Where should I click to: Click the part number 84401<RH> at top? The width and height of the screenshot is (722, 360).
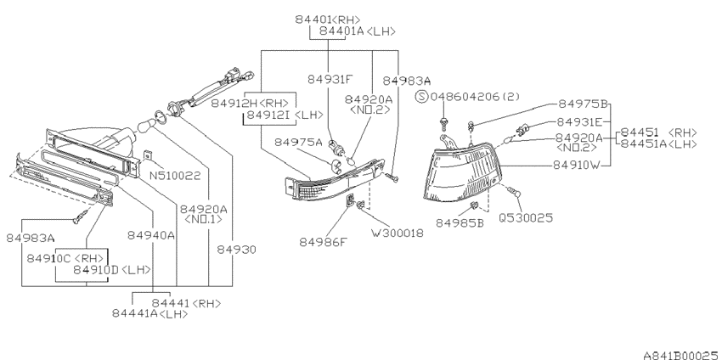click(327, 20)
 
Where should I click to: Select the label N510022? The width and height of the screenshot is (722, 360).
click(176, 176)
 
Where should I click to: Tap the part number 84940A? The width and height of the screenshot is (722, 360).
click(151, 235)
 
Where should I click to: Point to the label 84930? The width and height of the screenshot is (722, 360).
click(237, 250)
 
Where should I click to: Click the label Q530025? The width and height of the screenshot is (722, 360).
click(526, 217)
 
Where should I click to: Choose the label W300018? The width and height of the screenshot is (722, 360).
click(398, 233)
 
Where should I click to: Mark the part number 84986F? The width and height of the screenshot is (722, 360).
click(323, 242)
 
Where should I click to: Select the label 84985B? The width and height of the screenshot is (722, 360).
click(460, 223)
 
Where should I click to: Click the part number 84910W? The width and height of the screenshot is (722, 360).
click(577, 165)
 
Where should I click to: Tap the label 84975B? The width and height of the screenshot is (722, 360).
click(584, 104)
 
